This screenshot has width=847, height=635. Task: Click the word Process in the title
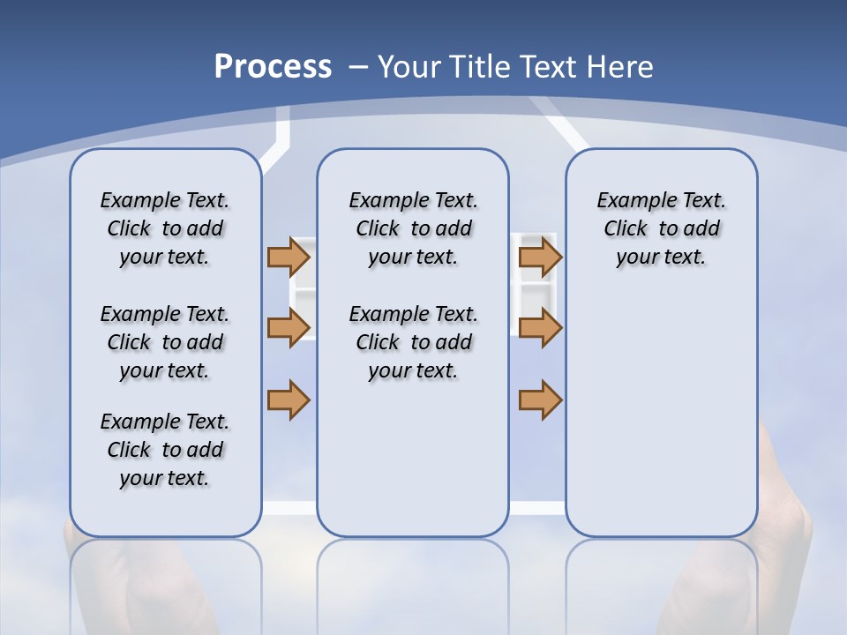click(273, 66)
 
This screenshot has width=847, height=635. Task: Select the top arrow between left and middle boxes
click(289, 257)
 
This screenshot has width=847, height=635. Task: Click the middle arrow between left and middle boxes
click(289, 328)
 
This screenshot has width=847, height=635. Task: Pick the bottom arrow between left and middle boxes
click(289, 400)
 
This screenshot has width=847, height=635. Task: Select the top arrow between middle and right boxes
click(540, 257)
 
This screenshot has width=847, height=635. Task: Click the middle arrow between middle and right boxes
click(540, 328)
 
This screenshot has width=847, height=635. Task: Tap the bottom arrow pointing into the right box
click(540, 400)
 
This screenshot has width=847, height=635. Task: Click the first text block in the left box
click(165, 228)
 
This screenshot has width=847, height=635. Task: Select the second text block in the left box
click(165, 342)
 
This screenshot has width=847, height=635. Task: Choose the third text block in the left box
click(165, 450)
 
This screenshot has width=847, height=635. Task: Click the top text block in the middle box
click(413, 228)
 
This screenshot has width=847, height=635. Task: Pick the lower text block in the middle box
click(413, 342)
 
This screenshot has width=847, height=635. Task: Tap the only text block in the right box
click(661, 228)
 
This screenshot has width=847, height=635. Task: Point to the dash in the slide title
click(358, 66)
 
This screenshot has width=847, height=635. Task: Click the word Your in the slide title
click(410, 66)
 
